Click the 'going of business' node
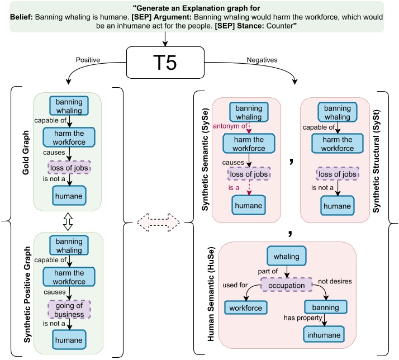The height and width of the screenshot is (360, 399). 69,310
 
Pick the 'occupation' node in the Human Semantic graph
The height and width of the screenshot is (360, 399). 286,285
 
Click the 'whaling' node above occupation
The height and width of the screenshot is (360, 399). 286,257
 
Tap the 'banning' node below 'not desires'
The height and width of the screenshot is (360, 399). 326,307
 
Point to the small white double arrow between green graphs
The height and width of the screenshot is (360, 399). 69,223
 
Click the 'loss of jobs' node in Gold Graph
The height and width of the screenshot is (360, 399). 69,167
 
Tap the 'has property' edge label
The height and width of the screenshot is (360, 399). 304,318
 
